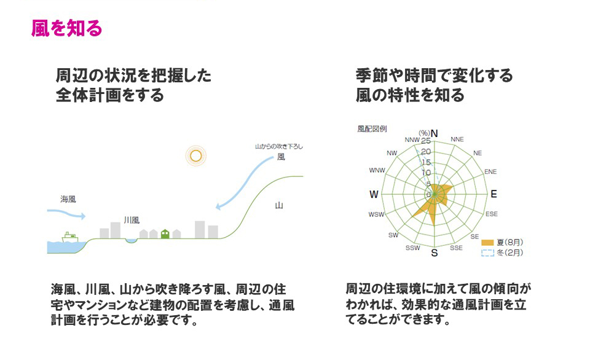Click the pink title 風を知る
[66, 28]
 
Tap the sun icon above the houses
[195, 156]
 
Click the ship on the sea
[69, 238]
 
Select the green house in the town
[165, 233]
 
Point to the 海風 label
[68, 199]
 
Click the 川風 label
[132, 220]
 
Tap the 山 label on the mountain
[279, 205]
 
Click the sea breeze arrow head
[83, 216]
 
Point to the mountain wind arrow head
[219, 206]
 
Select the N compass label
[435, 133]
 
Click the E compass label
[494, 194]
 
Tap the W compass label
[374, 194]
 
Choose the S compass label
[435, 253]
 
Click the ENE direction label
[490, 171]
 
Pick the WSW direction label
[376, 214]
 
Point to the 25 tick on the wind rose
[425, 141]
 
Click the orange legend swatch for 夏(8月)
[487, 243]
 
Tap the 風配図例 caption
[372, 128]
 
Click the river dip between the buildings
[132, 241]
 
